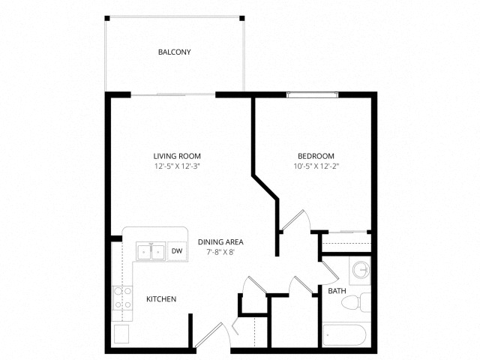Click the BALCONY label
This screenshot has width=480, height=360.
pos(174,52)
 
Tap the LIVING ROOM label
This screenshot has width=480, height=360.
pos(177,156)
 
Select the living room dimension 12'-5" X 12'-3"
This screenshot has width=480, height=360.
pos(177,166)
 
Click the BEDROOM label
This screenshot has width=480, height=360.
pos(316,156)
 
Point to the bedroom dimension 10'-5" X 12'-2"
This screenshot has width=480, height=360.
pos(316,166)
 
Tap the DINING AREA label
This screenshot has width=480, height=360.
pos(220,242)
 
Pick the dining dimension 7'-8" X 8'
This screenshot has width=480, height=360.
pos(220,252)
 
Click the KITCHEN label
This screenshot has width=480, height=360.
pos(161,299)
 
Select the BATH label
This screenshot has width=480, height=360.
pos(337,291)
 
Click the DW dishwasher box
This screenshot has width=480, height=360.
pos(177,251)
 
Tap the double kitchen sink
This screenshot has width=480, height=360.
pos(151,251)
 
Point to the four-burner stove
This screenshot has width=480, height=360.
pos(122,298)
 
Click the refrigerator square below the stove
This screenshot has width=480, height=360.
pos(121,334)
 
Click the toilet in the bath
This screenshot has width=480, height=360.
pos(356,302)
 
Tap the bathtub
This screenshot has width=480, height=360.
pos(344,335)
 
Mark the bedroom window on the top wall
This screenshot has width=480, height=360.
pos(313,94)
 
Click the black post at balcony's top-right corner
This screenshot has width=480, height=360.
pos(241,18)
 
